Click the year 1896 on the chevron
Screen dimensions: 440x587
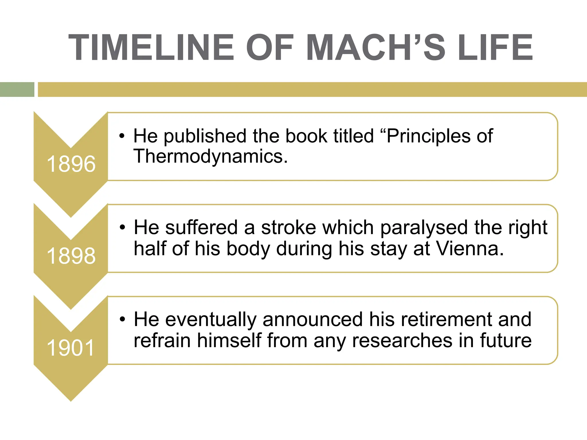click(x=71, y=164)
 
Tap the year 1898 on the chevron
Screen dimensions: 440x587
click(x=71, y=256)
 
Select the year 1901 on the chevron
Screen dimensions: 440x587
click(x=71, y=348)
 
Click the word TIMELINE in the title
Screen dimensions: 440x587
click(x=151, y=48)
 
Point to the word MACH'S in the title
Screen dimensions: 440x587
click(x=376, y=48)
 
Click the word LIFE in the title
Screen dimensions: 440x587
click(x=495, y=48)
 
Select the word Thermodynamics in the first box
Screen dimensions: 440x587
click(x=210, y=157)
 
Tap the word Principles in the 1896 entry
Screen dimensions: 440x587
click(x=428, y=136)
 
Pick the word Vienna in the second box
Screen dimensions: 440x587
click(x=470, y=249)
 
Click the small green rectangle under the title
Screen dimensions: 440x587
click(x=17, y=89)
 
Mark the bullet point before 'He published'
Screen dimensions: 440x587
click(x=122, y=136)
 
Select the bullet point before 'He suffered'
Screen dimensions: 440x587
click(x=123, y=228)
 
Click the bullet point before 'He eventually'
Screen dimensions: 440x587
click(x=123, y=319)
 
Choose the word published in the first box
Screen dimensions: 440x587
click(x=205, y=136)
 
